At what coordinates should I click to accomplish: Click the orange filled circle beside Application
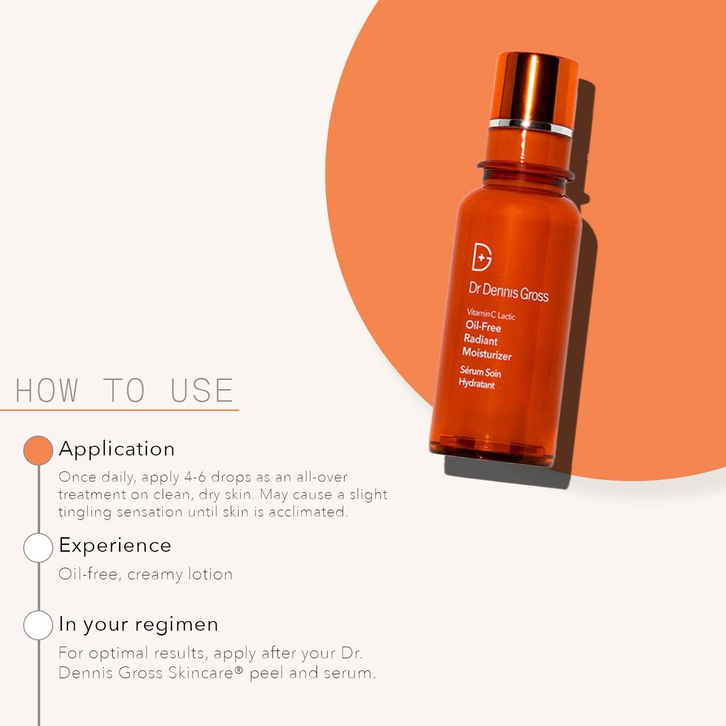pyautogui.click(x=38, y=450)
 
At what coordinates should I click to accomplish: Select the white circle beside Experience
pyautogui.click(x=38, y=547)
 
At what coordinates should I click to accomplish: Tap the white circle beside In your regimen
pyautogui.click(x=38, y=625)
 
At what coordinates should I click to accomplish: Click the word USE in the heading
pyautogui.click(x=201, y=390)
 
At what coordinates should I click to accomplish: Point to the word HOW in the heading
pyautogui.click(x=47, y=390)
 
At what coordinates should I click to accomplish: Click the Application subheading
pyautogui.click(x=117, y=449)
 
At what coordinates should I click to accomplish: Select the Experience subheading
pyautogui.click(x=115, y=546)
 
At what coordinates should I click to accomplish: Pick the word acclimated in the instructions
pyautogui.click(x=308, y=512)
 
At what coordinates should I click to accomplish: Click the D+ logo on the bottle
pyautogui.click(x=482, y=256)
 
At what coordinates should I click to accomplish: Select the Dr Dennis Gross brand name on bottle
pyautogui.click(x=509, y=292)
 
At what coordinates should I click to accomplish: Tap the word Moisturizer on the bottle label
pyautogui.click(x=487, y=354)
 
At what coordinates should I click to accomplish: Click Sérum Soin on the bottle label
pyautogui.click(x=480, y=372)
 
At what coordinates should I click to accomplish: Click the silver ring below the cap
pyautogui.click(x=530, y=126)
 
